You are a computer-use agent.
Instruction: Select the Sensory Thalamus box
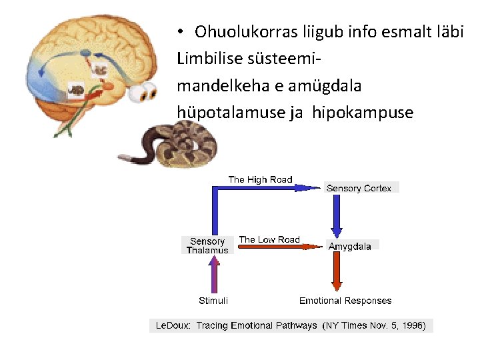click(x=207, y=245)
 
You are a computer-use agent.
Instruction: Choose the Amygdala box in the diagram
click(x=351, y=246)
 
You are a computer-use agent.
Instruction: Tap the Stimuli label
click(x=213, y=301)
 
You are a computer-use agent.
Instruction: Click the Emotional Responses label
click(x=345, y=301)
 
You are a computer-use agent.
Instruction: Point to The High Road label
click(x=260, y=179)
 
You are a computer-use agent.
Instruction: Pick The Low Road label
click(x=269, y=239)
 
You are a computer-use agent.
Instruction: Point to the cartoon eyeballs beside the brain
click(x=143, y=93)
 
